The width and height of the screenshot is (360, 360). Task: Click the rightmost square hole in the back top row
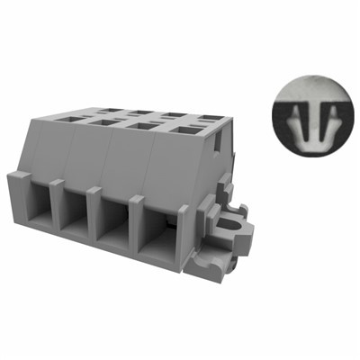tap(210, 118)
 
